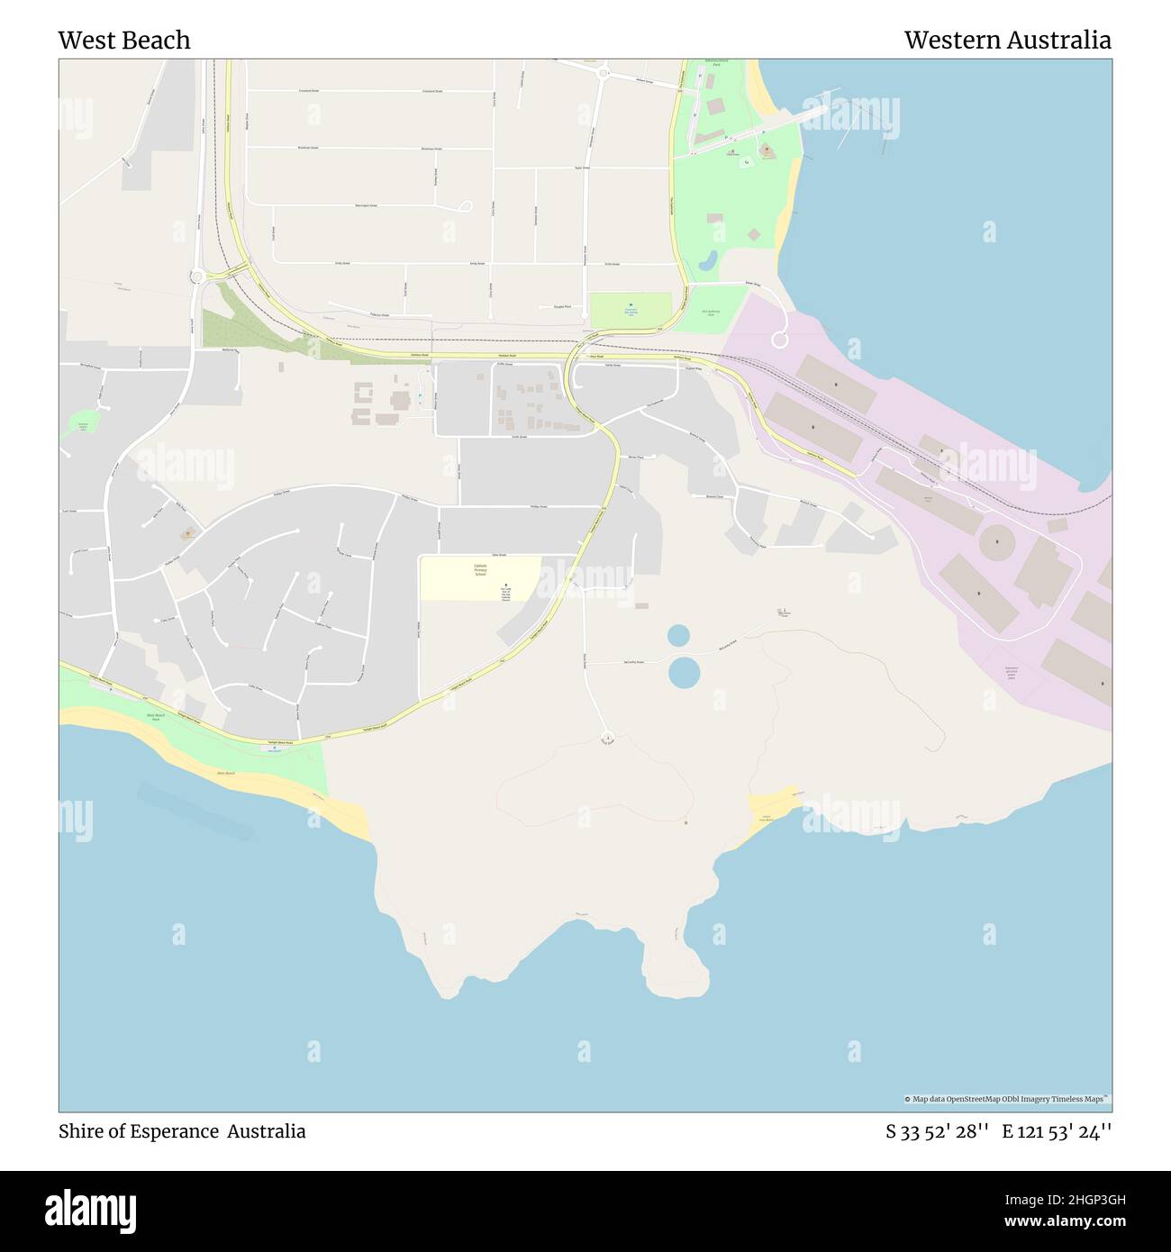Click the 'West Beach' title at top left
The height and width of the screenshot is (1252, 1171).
(124, 41)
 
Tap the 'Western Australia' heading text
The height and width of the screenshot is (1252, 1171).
(1007, 41)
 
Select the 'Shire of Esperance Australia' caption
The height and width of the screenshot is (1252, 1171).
(182, 1131)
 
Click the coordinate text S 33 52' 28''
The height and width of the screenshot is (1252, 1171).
(938, 1131)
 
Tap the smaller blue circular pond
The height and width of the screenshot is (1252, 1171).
(678, 636)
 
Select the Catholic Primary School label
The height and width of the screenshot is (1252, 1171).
(480, 569)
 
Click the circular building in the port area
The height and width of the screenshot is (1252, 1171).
(996, 542)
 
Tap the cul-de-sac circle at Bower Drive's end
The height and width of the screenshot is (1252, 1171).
(780, 340)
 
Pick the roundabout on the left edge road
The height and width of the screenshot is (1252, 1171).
(196, 277)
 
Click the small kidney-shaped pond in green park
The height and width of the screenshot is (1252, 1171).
(709, 262)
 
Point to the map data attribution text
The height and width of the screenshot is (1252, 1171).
(1007, 1099)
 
